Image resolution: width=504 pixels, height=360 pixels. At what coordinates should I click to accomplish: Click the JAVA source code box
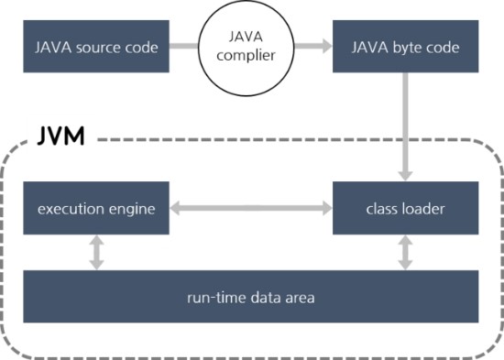tap(96, 46)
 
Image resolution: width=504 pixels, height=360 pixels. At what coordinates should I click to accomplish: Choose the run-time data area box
tap(250, 296)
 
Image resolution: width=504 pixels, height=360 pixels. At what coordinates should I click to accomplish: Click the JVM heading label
tap(61, 138)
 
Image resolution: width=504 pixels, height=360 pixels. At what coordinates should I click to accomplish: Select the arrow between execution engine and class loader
tap(250, 209)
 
